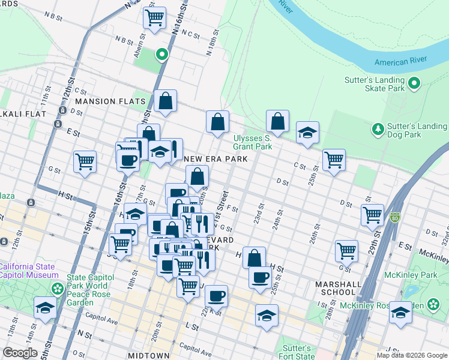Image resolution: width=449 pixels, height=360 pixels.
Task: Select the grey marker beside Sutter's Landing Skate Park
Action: (414, 83)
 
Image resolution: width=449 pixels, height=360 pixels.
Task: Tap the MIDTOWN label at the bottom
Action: (148, 356)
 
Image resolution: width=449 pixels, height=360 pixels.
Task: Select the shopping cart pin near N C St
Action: (155, 17)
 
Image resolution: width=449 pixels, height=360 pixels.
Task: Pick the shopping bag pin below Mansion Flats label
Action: (165, 101)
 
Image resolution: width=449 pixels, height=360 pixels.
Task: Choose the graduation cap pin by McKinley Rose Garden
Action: (400, 313)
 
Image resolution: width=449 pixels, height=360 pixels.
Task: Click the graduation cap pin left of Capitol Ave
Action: (45, 308)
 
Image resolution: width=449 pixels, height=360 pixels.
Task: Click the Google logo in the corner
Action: (20, 353)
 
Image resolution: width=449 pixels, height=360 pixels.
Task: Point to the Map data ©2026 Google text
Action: (411, 355)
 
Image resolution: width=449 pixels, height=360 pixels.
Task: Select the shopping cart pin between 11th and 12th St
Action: (85, 161)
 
